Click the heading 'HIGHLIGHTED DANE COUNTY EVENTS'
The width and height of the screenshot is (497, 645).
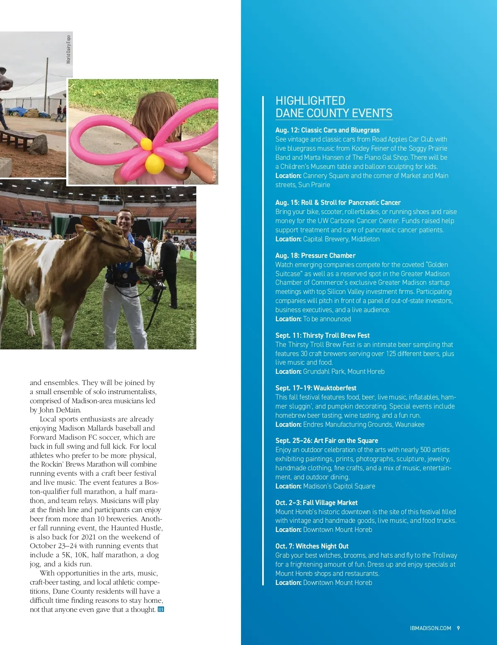(x=334, y=107)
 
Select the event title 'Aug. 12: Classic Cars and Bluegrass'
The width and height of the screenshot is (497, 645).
(x=327, y=130)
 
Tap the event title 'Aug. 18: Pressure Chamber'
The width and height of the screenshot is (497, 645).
(x=315, y=255)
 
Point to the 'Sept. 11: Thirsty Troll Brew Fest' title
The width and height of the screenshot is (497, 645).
(x=322, y=335)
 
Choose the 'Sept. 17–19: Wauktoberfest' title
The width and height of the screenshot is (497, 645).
(x=316, y=388)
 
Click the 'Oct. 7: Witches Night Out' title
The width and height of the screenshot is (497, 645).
(x=312, y=546)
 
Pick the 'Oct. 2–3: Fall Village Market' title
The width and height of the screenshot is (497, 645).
(x=316, y=503)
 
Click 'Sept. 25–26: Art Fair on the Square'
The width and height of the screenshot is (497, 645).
(x=326, y=440)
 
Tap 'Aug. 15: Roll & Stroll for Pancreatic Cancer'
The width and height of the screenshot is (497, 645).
(x=338, y=202)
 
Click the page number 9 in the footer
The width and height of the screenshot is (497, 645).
(x=458, y=628)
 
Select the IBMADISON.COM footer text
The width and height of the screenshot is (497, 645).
(x=430, y=628)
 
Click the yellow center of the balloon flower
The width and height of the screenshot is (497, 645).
(x=154, y=164)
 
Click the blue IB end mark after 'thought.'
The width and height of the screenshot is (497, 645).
(x=161, y=609)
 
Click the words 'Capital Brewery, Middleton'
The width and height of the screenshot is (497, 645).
(x=341, y=239)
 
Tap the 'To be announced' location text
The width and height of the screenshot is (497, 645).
(x=327, y=319)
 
